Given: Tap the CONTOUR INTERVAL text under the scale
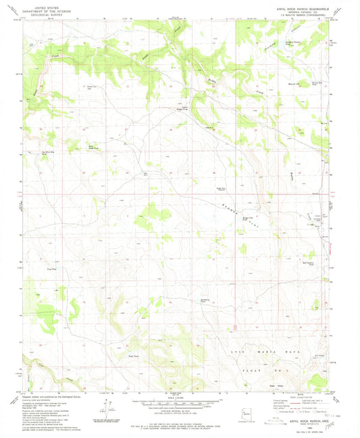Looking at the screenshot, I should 180,410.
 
